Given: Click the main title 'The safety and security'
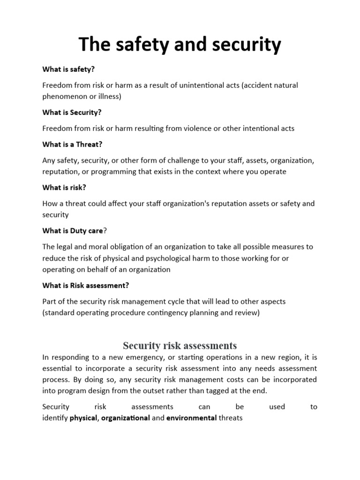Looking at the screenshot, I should point(180,45).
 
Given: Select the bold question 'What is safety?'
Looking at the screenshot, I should point(68,69).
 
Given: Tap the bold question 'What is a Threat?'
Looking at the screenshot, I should point(72,145).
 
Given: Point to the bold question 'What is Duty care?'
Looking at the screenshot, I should point(74,231).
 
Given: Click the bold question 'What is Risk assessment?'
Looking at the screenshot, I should point(86,285).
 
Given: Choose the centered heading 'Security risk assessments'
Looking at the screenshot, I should point(180,346).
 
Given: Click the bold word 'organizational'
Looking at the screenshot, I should point(125,418).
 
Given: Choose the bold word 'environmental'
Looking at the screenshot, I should point(191,418).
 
